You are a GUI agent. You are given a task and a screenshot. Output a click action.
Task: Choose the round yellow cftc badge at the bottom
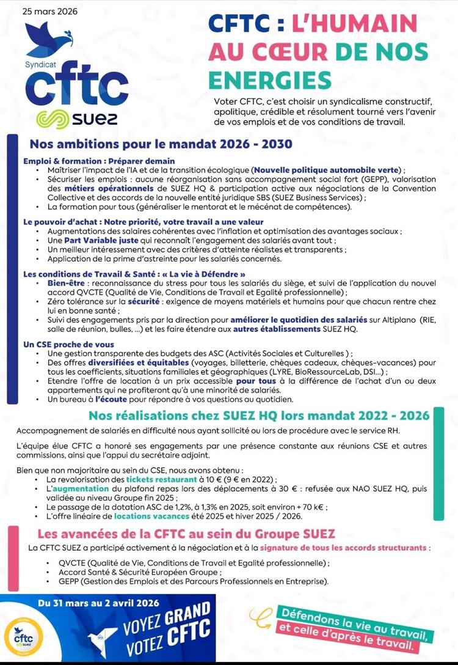point(22,636)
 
